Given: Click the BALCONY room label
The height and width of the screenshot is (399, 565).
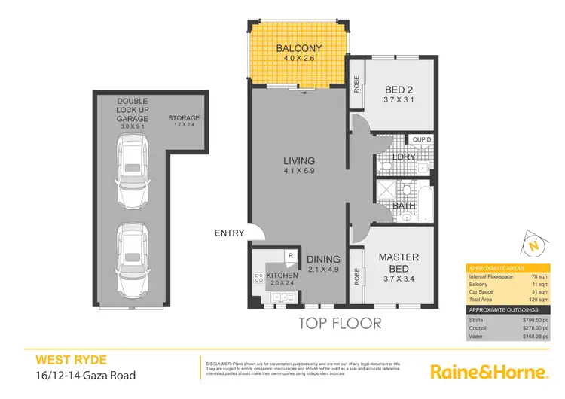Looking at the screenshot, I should click(298, 50).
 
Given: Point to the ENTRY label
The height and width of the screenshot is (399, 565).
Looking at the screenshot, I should click(229, 233).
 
